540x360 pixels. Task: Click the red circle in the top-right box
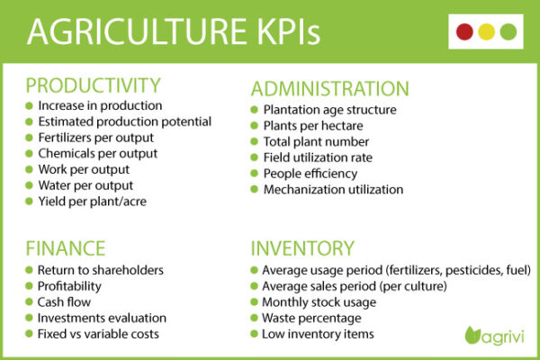[465, 32]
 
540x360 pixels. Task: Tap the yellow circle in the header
[487, 32]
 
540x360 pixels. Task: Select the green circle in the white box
[508, 32]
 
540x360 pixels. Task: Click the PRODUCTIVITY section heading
[93, 85]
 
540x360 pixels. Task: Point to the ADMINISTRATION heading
[329, 89]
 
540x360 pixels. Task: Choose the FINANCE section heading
[65, 247]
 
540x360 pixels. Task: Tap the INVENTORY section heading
[302, 247]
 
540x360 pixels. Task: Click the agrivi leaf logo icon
[472, 336]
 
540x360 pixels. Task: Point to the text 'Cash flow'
[64, 301]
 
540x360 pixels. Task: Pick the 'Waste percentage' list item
[311, 318]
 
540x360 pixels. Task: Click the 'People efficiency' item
[310, 173]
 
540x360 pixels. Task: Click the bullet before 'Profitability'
[29, 286]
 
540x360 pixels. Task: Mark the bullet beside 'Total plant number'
[255, 141]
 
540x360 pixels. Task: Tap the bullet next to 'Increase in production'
[29, 105]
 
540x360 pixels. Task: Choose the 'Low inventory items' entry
[317, 334]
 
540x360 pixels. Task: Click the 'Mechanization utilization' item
[333, 189]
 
